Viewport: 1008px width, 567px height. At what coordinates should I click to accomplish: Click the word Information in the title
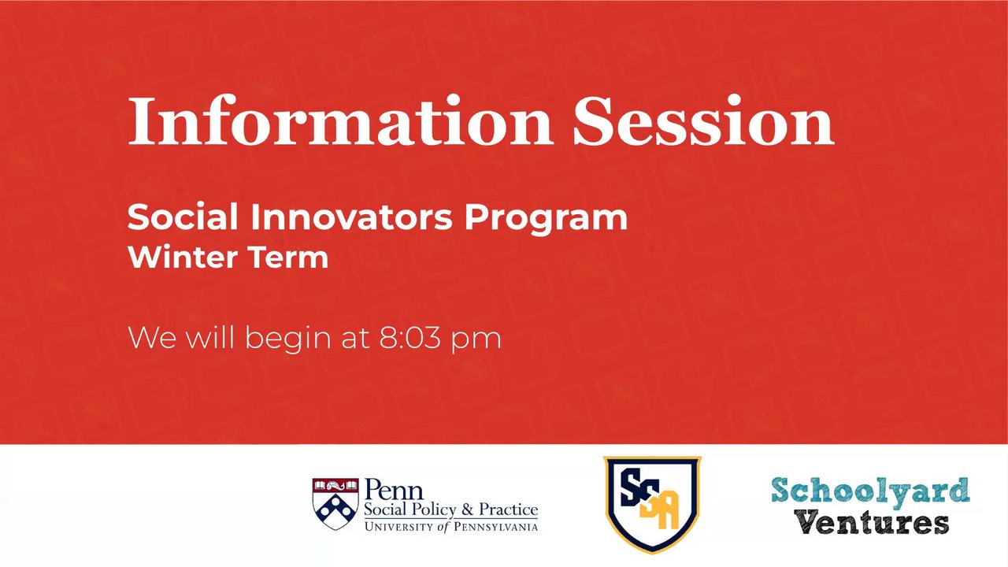[x=340, y=120]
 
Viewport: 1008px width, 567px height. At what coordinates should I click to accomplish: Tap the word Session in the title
[x=704, y=120]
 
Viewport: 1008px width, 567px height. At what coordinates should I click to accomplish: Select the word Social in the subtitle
[x=183, y=217]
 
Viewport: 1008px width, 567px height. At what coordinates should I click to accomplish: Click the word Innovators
[x=351, y=217]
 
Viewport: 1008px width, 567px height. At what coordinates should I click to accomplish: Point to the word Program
[x=546, y=220]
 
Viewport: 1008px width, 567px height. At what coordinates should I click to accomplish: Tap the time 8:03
[x=409, y=338]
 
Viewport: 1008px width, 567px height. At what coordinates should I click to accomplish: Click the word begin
[x=288, y=339]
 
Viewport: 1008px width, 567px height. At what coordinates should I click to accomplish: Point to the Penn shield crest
[x=335, y=503]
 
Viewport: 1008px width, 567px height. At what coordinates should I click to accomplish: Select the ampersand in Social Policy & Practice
[x=468, y=510]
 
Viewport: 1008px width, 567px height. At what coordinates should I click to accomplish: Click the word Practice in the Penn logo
[x=509, y=510]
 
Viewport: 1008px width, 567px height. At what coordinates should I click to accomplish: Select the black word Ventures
[x=871, y=523]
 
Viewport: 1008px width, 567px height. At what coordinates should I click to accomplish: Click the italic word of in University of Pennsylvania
[x=444, y=527]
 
